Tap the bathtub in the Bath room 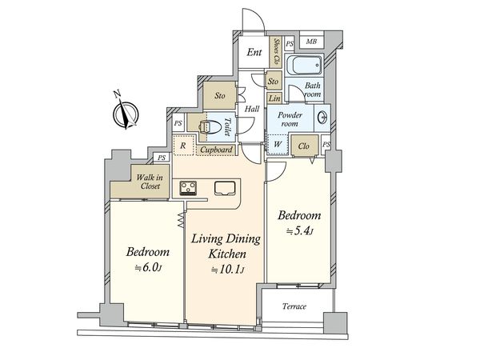click(304, 65)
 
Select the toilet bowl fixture click(210, 127)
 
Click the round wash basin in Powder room click(322, 117)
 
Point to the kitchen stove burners click(188, 187)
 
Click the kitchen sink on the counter click(225, 188)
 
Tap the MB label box click(311, 42)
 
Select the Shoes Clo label click(277, 51)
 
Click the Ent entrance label click(254, 52)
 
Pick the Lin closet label click(274, 98)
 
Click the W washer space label click(278, 144)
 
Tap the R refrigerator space click(183, 146)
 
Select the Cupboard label click(216, 150)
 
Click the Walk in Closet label click(150, 182)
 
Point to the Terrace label click(294, 306)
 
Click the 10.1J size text click(227, 270)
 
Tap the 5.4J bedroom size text click(300, 231)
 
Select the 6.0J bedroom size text click(148, 268)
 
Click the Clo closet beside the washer click(304, 146)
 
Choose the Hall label click(252, 109)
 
